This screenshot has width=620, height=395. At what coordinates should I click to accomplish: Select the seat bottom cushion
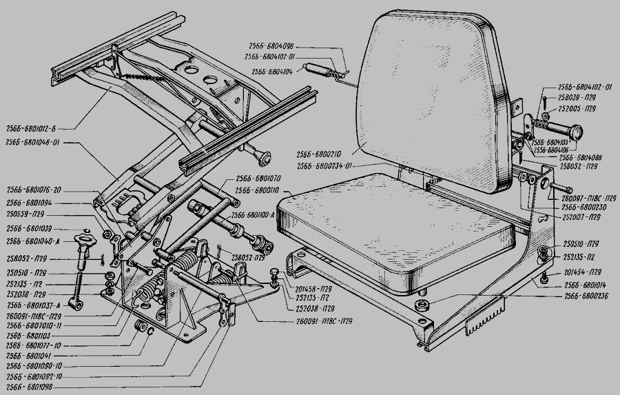[x=400, y=227]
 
